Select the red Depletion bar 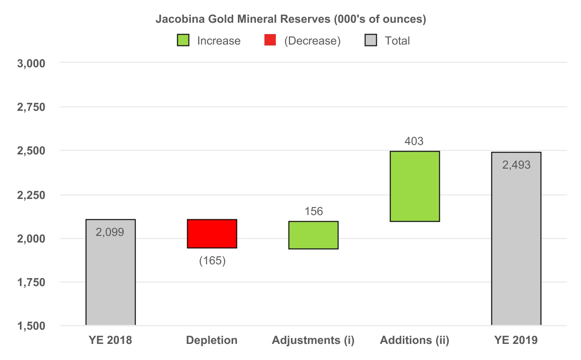pyautogui.click(x=212, y=234)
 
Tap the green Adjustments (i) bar pyautogui.click(x=313, y=235)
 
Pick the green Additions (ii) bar pyautogui.click(x=415, y=186)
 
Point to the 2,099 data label pyautogui.click(x=110, y=232)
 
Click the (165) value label pyautogui.click(x=212, y=261)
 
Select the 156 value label pyautogui.click(x=313, y=211)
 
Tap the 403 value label pyautogui.click(x=414, y=141)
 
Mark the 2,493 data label pyautogui.click(x=516, y=165)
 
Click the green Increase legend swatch pyautogui.click(x=183, y=41)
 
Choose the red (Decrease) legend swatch pyautogui.click(x=270, y=41)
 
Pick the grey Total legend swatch pyautogui.click(x=371, y=41)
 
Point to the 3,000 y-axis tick pyautogui.click(x=31, y=63)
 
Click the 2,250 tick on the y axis pyautogui.click(x=31, y=195)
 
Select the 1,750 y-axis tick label pyautogui.click(x=31, y=283)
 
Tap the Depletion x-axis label pyautogui.click(x=212, y=340)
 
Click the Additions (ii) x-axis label pyautogui.click(x=415, y=340)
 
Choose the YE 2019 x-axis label pyautogui.click(x=516, y=340)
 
